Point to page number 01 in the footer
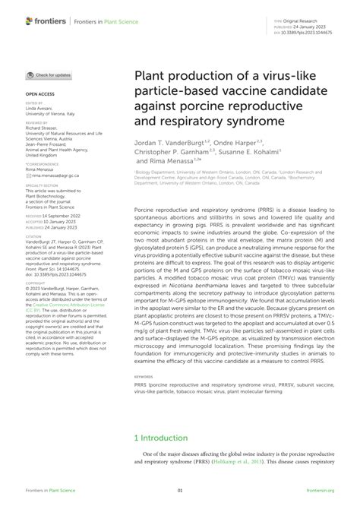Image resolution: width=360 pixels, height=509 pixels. pyautogui.click(x=180, y=492)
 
